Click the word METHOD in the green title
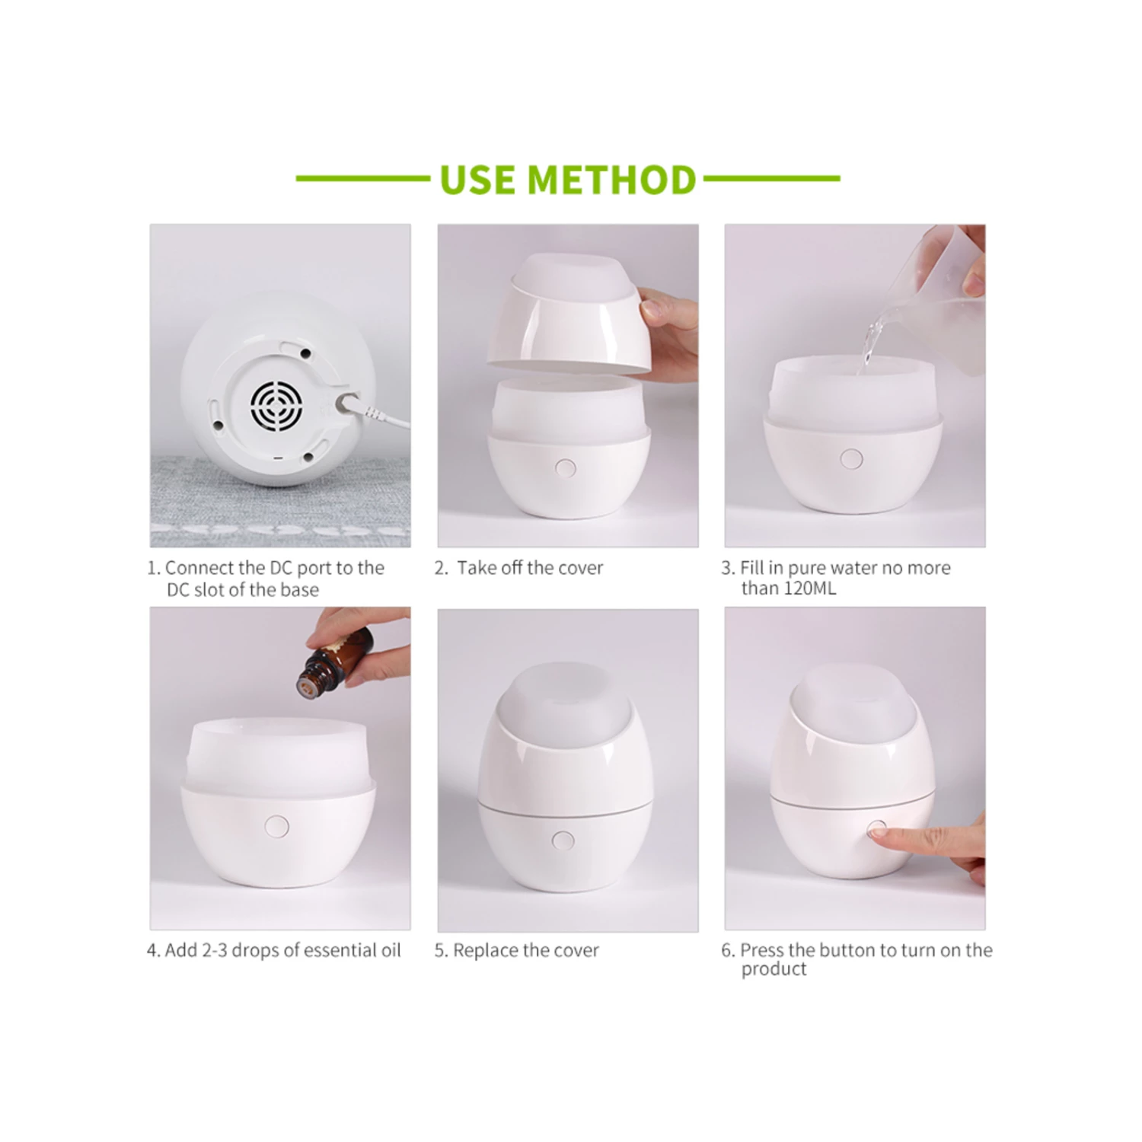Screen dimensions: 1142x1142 611,180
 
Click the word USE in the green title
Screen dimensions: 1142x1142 477,180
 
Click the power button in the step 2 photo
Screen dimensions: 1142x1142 565,467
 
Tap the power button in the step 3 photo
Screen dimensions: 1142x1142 851,459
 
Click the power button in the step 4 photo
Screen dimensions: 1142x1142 276,826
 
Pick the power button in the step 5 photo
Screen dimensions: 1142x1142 563,841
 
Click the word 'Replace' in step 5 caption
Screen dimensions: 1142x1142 486,951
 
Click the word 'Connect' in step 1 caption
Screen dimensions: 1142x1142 199,568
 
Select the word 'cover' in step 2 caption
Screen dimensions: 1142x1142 581,568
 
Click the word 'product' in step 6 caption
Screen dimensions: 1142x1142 774,969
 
